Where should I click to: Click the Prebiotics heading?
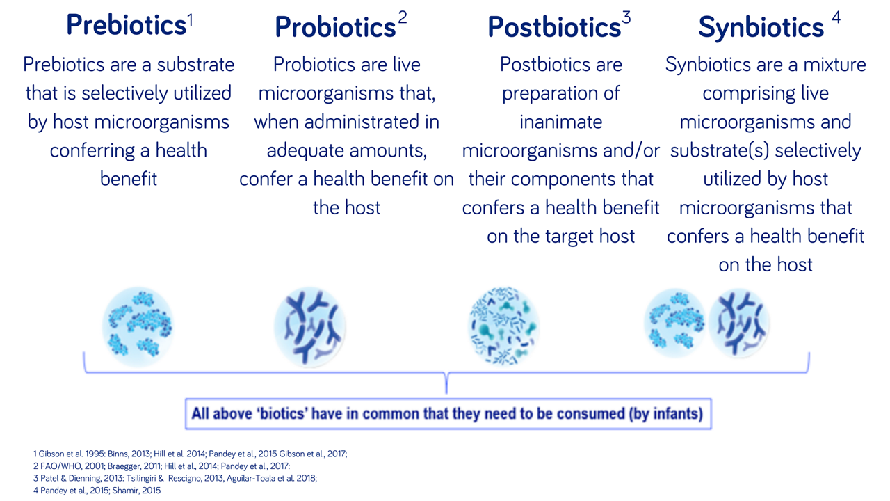coord(127,24)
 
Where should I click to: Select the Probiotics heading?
coord(335,26)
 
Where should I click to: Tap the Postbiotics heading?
coord(554,26)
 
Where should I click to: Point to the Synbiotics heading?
coord(761,27)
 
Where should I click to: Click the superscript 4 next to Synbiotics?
coord(836,17)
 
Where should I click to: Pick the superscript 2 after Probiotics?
coord(403,17)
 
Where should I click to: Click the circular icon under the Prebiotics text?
coord(138,326)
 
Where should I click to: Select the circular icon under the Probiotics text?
coord(310,326)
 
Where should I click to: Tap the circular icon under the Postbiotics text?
coord(503,326)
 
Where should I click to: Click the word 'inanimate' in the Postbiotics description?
coord(560,122)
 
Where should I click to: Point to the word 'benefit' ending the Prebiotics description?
coord(129,179)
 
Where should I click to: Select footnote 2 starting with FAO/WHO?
coord(161,466)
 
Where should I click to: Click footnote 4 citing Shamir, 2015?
coord(97,491)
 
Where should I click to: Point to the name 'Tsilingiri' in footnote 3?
coord(145,478)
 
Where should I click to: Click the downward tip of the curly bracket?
coord(446,393)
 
